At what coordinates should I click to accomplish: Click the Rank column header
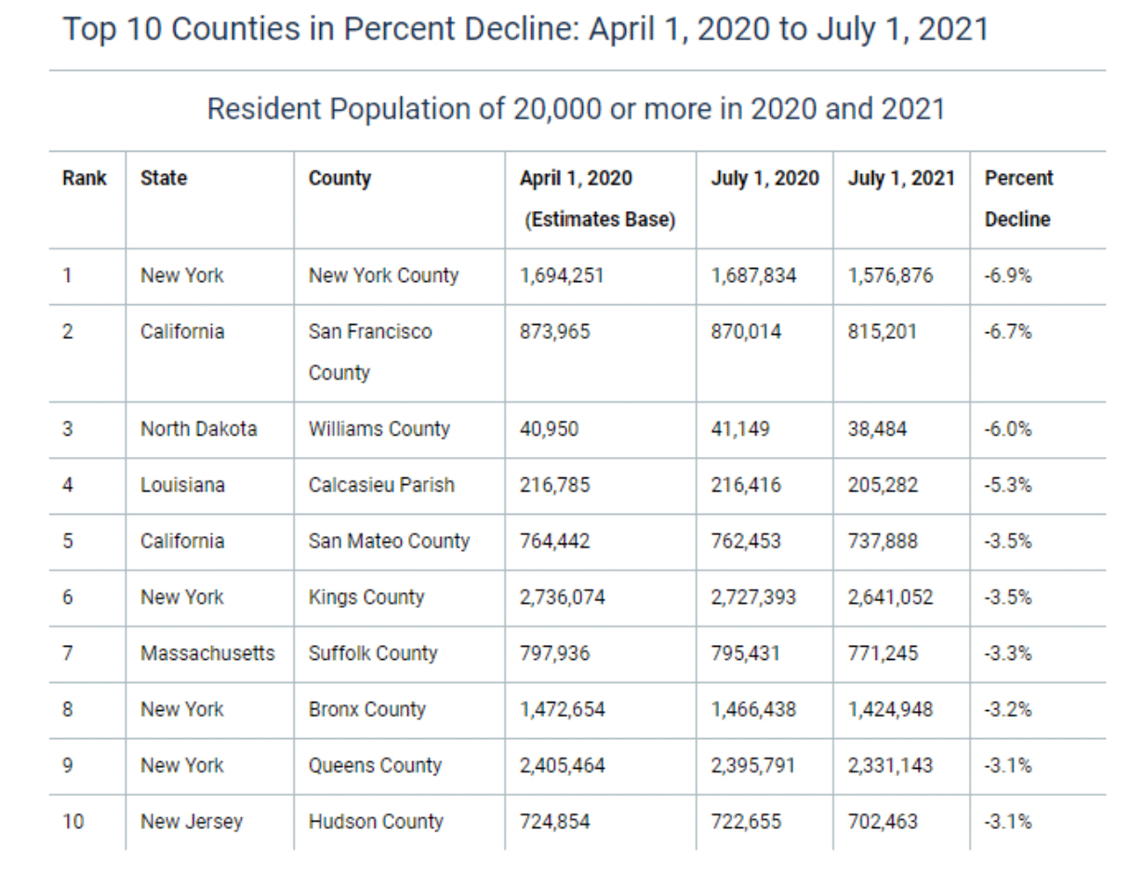(x=85, y=179)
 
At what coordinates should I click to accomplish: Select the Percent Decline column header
(x=1018, y=198)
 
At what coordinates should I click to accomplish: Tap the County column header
(x=339, y=179)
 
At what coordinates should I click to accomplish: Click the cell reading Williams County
(x=379, y=429)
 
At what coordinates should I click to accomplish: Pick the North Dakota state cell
(x=198, y=429)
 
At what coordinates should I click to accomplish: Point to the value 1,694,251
(x=562, y=275)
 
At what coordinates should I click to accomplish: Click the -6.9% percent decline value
(x=1007, y=275)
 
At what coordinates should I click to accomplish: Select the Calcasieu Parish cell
(x=381, y=485)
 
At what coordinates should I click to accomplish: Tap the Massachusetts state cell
(x=207, y=653)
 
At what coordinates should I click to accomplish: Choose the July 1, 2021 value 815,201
(x=882, y=331)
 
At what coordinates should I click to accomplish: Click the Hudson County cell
(x=376, y=822)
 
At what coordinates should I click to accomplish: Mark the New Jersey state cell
(x=191, y=822)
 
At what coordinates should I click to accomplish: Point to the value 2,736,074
(x=562, y=598)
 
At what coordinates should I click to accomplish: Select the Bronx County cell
(x=366, y=709)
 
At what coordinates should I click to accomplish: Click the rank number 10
(x=73, y=822)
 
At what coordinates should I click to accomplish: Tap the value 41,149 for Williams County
(x=740, y=429)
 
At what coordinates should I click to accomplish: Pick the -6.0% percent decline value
(x=1007, y=429)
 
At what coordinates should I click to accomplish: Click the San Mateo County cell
(x=389, y=541)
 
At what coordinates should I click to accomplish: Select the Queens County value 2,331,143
(x=890, y=765)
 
